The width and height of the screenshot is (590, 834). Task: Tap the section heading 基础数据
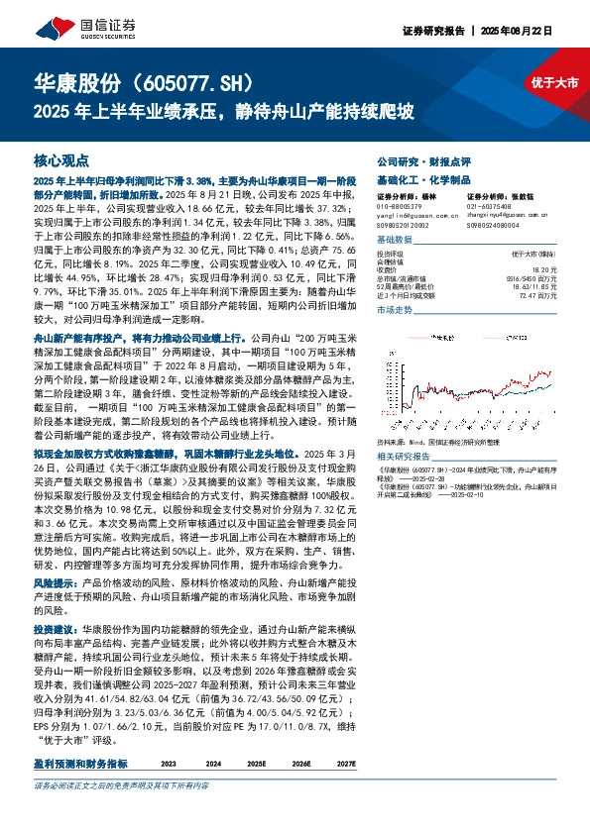pyautogui.click(x=395, y=241)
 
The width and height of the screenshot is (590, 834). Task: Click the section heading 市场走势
pyautogui.click(x=395, y=311)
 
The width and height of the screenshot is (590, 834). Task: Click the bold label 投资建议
pyautogui.click(x=54, y=684)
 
